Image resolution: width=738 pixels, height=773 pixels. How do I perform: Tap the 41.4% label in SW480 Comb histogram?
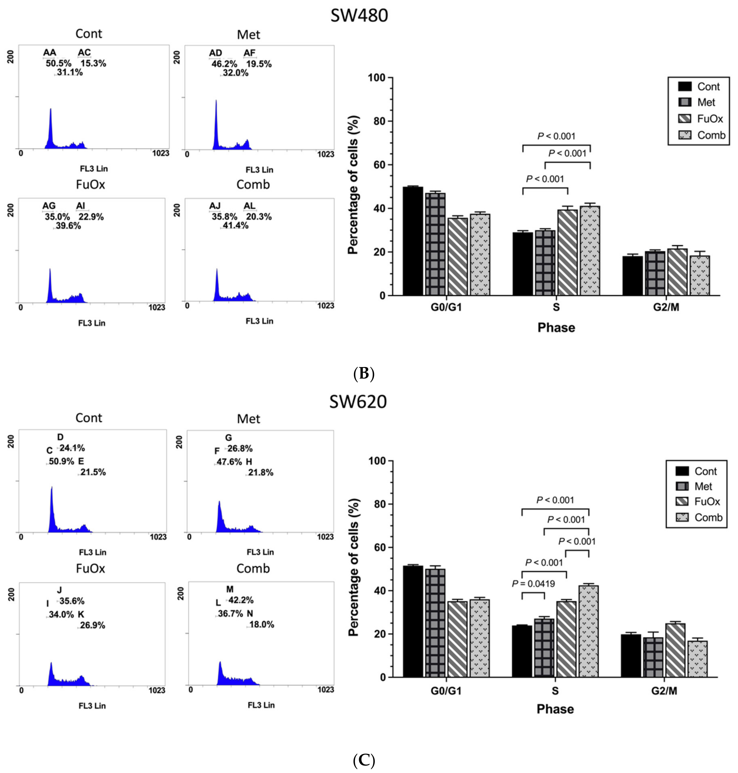pos(235,226)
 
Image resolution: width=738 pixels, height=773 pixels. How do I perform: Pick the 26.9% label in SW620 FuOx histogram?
pos(92,625)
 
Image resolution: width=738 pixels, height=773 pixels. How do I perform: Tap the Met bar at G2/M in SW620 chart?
pos(653,657)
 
